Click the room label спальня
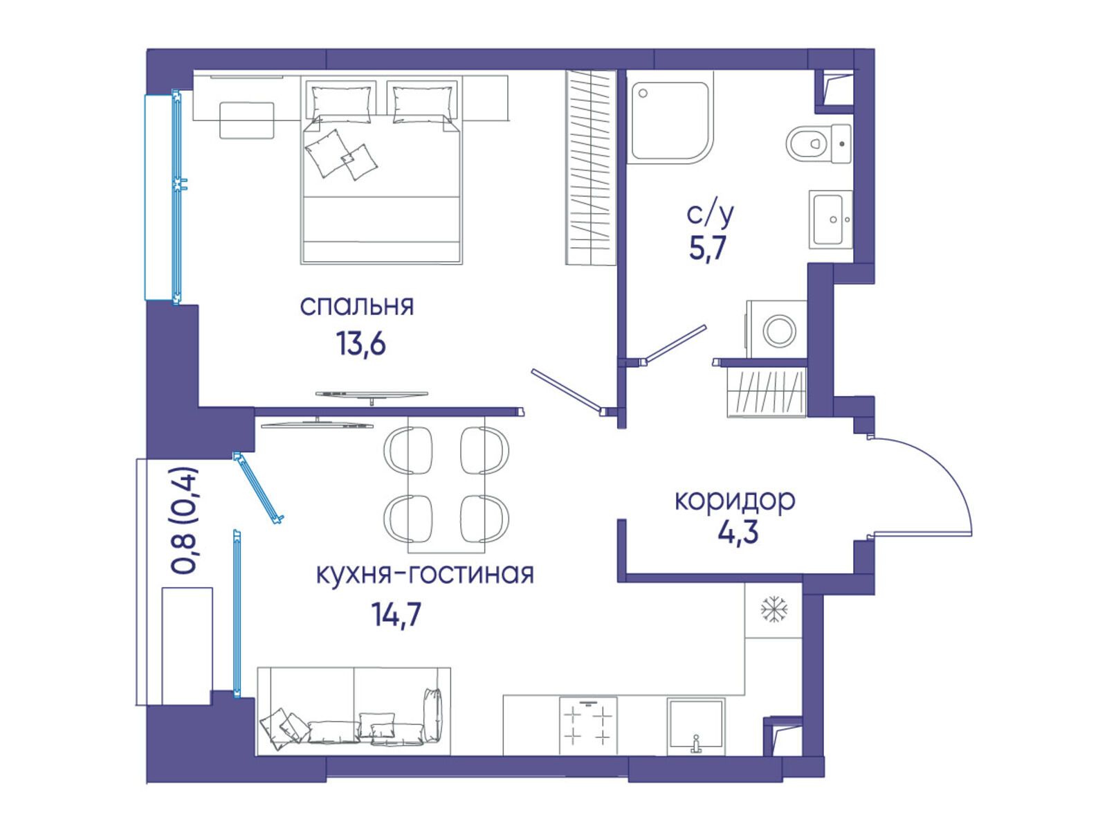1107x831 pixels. pyautogui.click(x=356, y=306)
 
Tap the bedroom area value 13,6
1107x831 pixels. pyautogui.click(x=361, y=345)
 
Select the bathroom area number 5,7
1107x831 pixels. pyautogui.click(x=708, y=248)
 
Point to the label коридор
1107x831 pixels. pyautogui.click(x=734, y=501)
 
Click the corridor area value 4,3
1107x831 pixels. pyautogui.click(x=738, y=533)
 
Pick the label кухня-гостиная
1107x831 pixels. pyautogui.click(x=425, y=574)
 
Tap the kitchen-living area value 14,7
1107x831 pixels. pyautogui.click(x=396, y=614)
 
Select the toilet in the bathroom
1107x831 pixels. pyautogui.click(x=818, y=144)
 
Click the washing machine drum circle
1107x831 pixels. pyautogui.click(x=780, y=331)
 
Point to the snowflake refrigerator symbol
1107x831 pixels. pyautogui.click(x=774, y=609)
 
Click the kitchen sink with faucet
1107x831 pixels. pyautogui.click(x=696, y=726)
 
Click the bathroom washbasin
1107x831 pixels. pyautogui.click(x=831, y=219)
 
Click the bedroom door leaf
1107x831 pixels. pyautogui.click(x=567, y=392)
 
